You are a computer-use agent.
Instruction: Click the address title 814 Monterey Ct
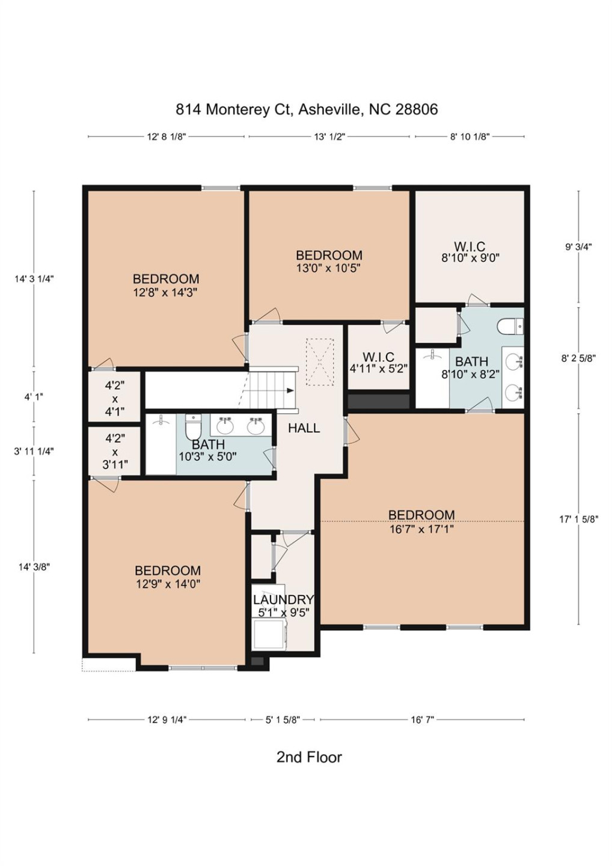(307, 109)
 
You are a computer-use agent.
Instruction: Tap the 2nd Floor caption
(309, 757)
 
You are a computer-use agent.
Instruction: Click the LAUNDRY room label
(283, 600)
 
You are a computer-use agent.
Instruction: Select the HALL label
(304, 428)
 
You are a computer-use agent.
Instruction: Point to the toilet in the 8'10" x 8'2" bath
(510, 327)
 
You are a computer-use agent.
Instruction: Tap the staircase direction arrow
(290, 391)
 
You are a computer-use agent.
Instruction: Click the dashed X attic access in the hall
(319, 362)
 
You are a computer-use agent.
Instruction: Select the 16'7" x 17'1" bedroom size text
(421, 529)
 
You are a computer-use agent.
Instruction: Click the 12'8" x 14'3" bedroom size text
(165, 292)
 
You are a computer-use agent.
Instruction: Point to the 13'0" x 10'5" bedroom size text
(328, 268)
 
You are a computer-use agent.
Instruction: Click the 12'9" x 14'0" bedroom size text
(168, 584)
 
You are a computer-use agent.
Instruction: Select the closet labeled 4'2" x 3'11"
(114, 452)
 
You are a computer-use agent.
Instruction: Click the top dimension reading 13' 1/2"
(329, 137)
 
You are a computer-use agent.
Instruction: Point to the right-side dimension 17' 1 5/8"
(579, 519)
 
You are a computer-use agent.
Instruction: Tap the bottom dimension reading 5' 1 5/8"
(283, 719)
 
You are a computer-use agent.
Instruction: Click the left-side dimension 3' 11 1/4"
(34, 451)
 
